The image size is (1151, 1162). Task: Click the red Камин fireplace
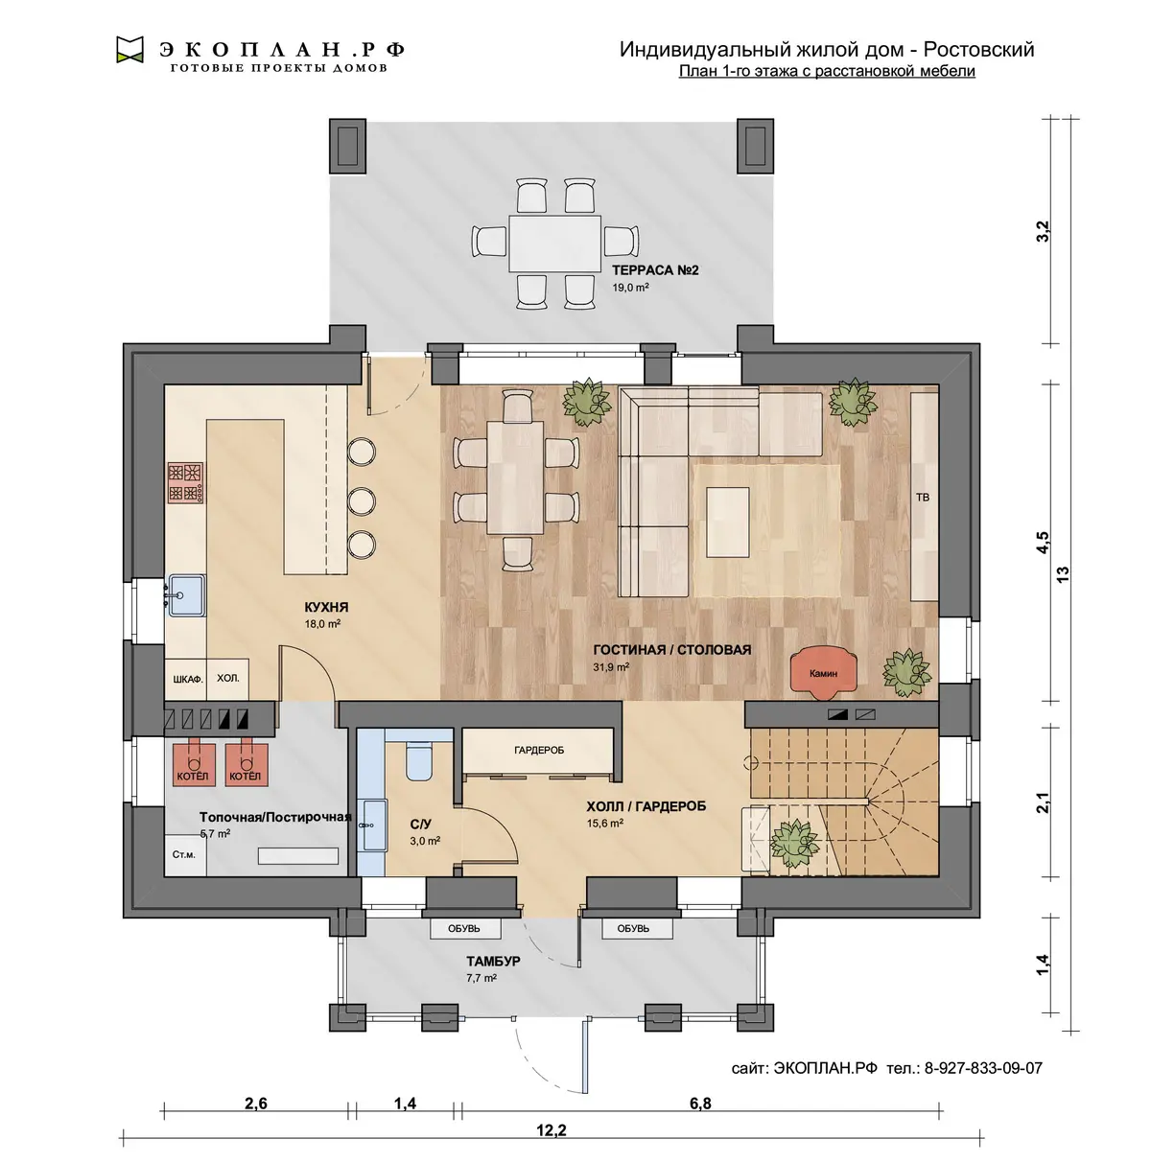click(823, 672)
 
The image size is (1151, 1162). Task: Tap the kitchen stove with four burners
click(185, 482)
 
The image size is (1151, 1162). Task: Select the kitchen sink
click(186, 594)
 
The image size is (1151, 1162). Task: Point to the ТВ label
click(923, 498)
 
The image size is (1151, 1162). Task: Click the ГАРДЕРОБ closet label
click(539, 750)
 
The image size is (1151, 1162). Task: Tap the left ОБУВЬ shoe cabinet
click(465, 929)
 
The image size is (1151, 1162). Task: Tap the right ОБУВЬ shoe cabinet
click(637, 929)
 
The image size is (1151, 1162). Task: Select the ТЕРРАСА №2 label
click(655, 270)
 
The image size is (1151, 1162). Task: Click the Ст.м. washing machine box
click(185, 854)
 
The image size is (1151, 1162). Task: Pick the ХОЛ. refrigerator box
click(228, 679)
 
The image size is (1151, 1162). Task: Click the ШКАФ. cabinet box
click(186, 679)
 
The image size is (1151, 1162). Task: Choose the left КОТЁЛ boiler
click(193, 763)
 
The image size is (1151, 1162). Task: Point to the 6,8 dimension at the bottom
click(700, 1104)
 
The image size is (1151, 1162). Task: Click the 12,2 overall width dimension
click(552, 1130)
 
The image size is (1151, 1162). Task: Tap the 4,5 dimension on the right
click(1043, 542)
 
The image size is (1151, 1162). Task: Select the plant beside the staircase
click(793, 843)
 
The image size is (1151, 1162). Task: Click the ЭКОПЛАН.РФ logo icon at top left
click(129, 50)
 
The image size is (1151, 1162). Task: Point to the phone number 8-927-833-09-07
click(983, 1069)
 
